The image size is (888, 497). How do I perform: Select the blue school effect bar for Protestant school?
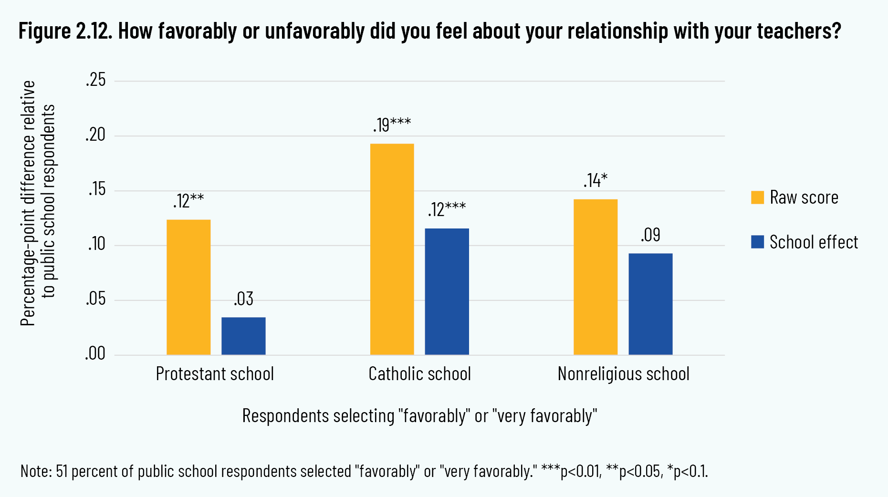coord(243,336)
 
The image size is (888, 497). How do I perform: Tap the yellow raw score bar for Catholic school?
coord(392,249)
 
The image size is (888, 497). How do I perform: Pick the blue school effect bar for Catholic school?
coord(447,291)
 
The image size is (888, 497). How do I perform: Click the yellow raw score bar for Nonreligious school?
coord(595,277)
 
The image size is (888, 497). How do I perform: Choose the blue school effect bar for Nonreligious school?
coord(650,304)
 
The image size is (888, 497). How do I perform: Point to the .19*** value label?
coord(392,124)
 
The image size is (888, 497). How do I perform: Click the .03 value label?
coord(243,299)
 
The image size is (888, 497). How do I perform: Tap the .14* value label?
coord(595,180)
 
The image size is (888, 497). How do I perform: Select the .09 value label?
coord(650,235)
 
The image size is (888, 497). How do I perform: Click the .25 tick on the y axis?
coord(96,80)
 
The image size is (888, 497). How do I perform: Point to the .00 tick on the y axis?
coord(95,354)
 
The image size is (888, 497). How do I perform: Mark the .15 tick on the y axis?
coord(96,190)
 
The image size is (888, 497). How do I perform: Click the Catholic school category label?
coord(419,374)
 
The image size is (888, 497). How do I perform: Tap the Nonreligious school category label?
coord(623,374)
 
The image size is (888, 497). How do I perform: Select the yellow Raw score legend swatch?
coord(757,197)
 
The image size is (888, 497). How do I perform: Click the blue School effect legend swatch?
coord(757,242)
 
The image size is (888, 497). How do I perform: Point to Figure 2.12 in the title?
coord(65,31)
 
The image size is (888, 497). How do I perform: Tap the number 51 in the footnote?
coord(62,471)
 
